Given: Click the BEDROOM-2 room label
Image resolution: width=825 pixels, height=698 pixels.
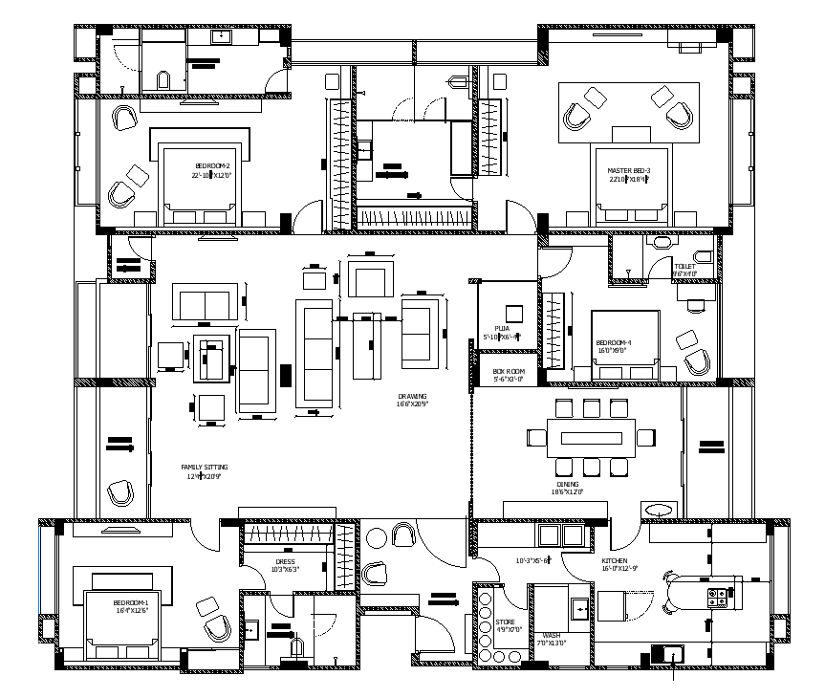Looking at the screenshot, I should click(211, 165).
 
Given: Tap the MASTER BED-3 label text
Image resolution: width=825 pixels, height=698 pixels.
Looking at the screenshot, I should click(628, 171).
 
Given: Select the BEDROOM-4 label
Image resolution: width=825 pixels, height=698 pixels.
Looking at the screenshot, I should click(613, 342).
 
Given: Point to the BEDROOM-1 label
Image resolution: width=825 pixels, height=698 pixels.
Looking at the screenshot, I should click(130, 603).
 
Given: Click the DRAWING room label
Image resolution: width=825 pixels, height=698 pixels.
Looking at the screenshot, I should click(413, 396).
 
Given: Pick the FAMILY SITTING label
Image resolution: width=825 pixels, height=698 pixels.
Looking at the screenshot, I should click(205, 468).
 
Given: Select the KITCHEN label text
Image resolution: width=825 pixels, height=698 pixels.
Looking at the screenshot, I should click(614, 560).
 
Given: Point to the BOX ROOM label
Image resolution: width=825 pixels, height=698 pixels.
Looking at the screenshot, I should click(509, 371).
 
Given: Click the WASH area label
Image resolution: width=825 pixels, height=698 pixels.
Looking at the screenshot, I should click(551, 635).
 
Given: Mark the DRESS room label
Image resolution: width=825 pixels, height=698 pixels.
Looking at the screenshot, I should click(285, 562).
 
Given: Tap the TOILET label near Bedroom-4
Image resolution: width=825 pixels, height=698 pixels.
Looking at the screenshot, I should click(684, 267).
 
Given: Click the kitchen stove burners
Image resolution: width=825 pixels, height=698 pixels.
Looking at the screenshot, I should click(717, 599).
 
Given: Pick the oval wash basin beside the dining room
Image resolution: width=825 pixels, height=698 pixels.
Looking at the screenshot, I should click(659, 510).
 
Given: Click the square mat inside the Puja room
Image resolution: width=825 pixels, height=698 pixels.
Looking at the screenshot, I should click(514, 313).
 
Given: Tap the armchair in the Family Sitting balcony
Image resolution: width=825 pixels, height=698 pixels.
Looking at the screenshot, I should click(120, 493).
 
